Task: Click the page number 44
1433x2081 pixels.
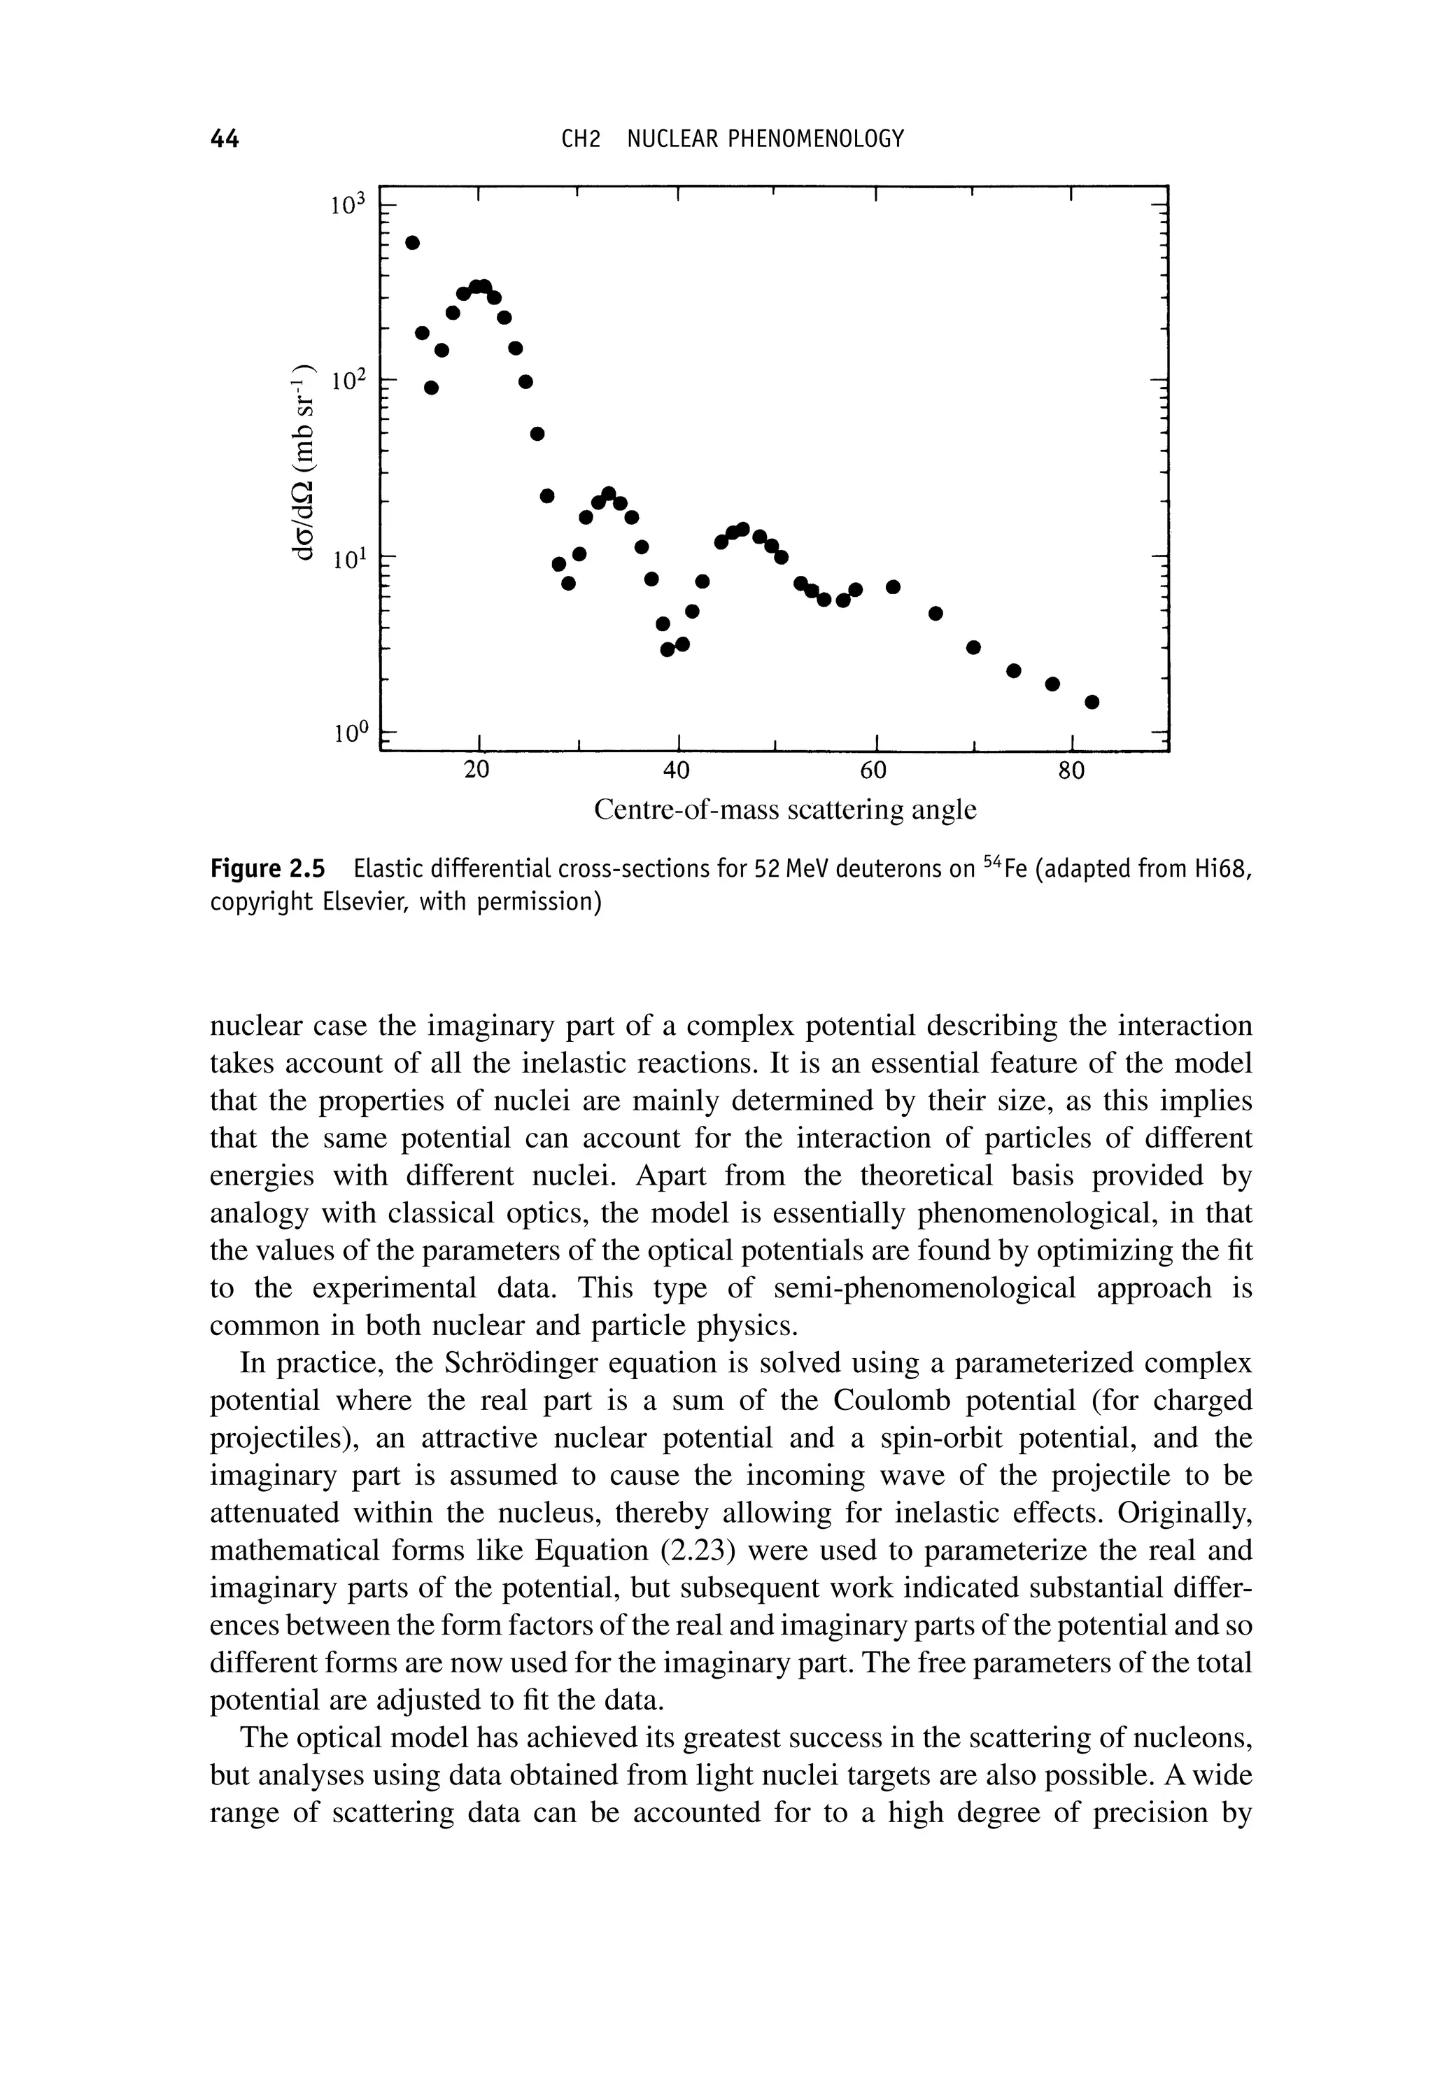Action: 224,139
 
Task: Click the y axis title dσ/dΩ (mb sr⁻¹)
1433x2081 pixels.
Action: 304,463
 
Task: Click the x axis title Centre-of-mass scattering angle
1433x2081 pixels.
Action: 785,811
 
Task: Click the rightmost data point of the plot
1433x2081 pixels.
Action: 1092,702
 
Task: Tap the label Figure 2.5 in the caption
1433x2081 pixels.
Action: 266,869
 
